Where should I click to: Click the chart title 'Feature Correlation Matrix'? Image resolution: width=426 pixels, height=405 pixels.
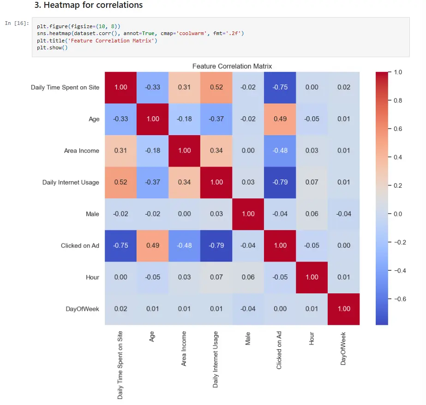[x=232, y=66]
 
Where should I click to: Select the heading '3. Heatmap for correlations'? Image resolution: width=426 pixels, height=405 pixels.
[x=89, y=6]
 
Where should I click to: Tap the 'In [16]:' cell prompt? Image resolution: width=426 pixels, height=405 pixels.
[x=17, y=23]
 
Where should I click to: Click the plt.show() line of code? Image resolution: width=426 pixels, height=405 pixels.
[x=52, y=48]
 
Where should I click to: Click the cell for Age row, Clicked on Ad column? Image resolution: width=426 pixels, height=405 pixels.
[x=280, y=119]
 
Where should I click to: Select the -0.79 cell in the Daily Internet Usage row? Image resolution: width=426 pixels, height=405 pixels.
[x=280, y=182]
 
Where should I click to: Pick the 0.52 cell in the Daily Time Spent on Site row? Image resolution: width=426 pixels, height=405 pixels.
[x=216, y=87]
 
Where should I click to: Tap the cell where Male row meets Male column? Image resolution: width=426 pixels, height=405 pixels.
[x=248, y=214]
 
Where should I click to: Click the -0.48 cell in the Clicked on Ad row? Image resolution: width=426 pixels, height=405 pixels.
[x=184, y=245]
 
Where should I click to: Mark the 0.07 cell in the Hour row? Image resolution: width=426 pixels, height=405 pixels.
[x=216, y=277]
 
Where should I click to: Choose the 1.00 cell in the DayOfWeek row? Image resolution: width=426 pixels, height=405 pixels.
[x=343, y=309]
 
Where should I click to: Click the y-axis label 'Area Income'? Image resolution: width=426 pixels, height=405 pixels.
[x=82, y=151]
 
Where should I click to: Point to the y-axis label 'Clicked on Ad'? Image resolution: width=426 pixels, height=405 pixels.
[x=80, y=246]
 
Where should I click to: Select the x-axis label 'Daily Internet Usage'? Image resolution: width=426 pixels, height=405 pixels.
[x=216, y=359]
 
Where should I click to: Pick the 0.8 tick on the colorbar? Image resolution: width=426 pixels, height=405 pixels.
[x=397, y=101]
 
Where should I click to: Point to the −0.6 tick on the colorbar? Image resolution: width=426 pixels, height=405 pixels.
[x=399, y=299]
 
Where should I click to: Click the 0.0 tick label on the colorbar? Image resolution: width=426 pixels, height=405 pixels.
[x=397, y=214]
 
